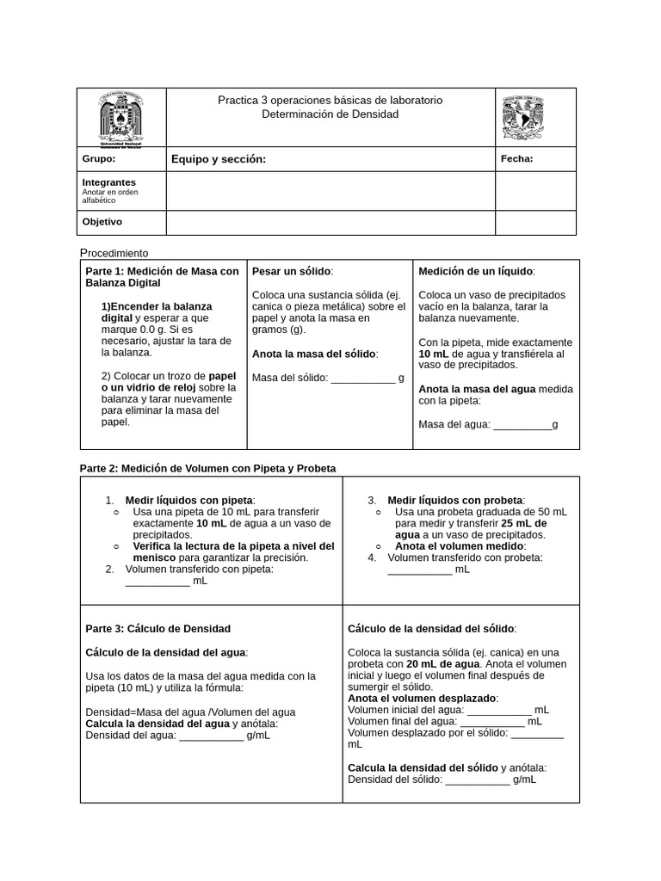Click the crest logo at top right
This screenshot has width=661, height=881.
click(524, 117)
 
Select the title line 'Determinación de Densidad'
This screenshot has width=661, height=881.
click(330, 114)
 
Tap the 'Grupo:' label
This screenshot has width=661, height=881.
click(98, 159)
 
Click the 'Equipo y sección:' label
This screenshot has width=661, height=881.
click(219, 159)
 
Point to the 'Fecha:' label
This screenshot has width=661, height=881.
click(516, 158)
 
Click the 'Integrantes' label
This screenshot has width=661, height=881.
click(108, 182)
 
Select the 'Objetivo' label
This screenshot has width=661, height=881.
click(102, 222)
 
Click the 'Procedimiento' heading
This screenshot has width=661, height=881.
click(114, 253)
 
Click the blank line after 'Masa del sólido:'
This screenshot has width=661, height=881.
click(362, 379)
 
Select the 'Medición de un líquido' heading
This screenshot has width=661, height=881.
click(476, 271)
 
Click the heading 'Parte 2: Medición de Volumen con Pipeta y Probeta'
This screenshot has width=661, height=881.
click(207, 468)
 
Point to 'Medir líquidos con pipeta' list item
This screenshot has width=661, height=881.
click(189, 500)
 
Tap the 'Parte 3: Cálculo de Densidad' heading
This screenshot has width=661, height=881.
click(158, 629)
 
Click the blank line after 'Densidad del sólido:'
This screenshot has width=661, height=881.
click(478, 780)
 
